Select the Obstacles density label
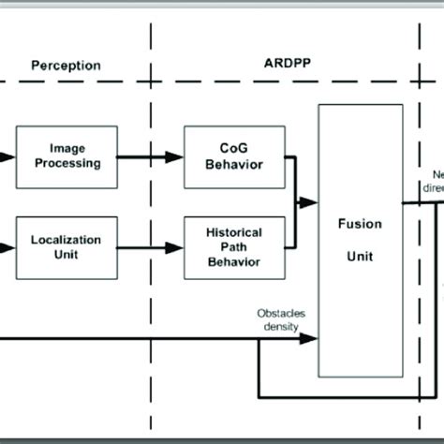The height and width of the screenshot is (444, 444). pos(281,319)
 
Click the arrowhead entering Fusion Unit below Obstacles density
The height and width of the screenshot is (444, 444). pos(311,338)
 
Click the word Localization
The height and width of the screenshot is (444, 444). pos(66,240)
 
